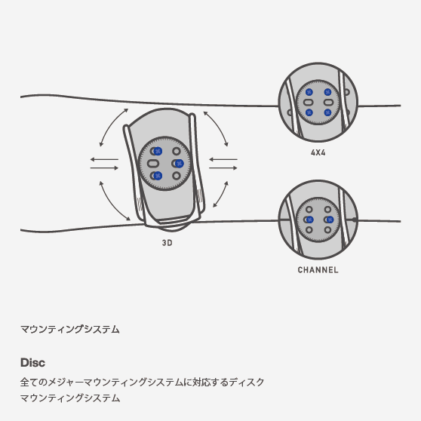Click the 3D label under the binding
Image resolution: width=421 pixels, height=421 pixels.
tap(167, 243)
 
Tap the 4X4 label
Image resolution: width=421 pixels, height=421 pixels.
tap(318, 152)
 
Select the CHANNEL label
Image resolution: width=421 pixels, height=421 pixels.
tap(318, 270)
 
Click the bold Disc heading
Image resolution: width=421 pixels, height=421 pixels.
tap(32, 362)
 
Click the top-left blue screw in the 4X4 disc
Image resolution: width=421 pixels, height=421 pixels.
tap(309, 92)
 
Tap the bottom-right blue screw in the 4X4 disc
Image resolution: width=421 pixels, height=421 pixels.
tap(327, 112)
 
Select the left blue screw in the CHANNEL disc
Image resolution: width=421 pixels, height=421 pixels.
tap(309, 220)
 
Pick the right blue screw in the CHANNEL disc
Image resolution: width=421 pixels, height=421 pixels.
tap(330, 220)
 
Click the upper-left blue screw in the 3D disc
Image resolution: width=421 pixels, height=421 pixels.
tap(158, 151)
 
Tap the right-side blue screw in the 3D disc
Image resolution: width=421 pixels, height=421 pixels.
tap(179, 163)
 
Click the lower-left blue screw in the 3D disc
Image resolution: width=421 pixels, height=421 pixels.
tap(158, 176)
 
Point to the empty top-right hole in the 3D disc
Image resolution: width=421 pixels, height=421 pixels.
tap(177, 151)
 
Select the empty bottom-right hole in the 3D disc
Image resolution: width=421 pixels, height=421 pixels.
tap(177, 176)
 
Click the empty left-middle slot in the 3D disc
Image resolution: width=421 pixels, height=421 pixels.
tap(153, 163)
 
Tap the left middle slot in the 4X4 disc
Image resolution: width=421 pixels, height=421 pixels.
tap(309, 103)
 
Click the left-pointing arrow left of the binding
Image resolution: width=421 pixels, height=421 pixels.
tap(104, 159)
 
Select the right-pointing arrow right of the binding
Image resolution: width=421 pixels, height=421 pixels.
tap(223, 168)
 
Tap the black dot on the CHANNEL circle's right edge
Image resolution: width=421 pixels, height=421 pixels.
tap(355, 220)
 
